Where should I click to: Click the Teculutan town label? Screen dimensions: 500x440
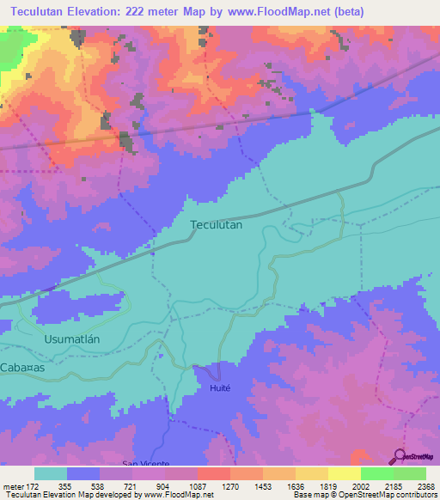point(216,224)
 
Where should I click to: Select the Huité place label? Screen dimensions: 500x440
point(219,388)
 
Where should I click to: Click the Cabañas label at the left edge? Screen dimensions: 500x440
point(22,367)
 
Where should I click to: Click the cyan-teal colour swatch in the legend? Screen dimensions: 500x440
point(51,473)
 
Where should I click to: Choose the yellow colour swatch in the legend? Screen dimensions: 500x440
point(345,473)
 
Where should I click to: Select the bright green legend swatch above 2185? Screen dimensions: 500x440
point(377,473)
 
